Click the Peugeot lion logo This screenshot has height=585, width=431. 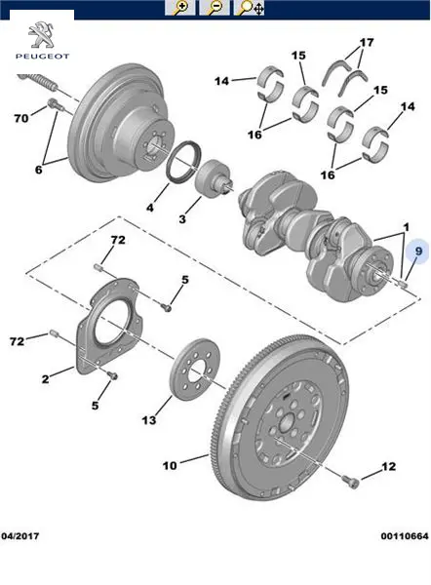click(41, 35)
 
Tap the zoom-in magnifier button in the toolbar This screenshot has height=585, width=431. click(179, 8)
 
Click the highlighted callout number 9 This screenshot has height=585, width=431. click(418, 252)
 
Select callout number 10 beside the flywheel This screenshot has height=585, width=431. click(170, 466)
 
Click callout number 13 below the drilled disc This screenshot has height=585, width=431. click(148, 420)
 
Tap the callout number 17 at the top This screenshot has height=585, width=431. click(367, 42)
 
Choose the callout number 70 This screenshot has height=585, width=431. click(21, 118)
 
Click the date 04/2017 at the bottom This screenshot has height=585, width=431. click(20, 536)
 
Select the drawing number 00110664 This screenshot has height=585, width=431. click(405, 536)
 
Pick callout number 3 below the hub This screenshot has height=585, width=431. click(181, 218)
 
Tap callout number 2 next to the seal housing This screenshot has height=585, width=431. click(45, 379)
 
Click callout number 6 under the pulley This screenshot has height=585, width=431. click(38, 170)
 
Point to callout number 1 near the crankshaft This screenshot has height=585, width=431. click(407, 226)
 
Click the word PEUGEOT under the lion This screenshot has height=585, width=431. click(42, 57)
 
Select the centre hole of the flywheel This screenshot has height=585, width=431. click(287, 423)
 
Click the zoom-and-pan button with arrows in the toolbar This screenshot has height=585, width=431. click(250, 8)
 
